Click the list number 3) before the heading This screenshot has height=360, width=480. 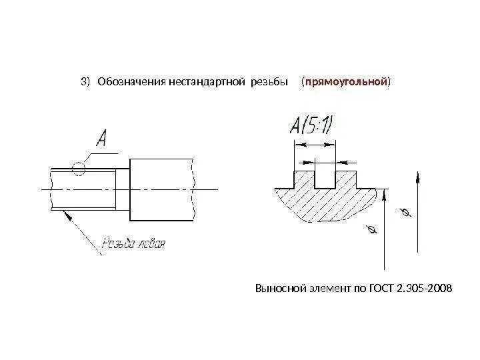[85, 83]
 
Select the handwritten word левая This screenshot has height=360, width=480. [150, 243]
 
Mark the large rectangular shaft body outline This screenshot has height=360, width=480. [161, 190]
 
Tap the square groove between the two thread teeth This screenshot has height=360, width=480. [325, 180]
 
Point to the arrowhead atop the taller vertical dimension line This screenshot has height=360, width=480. [417, 176]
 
